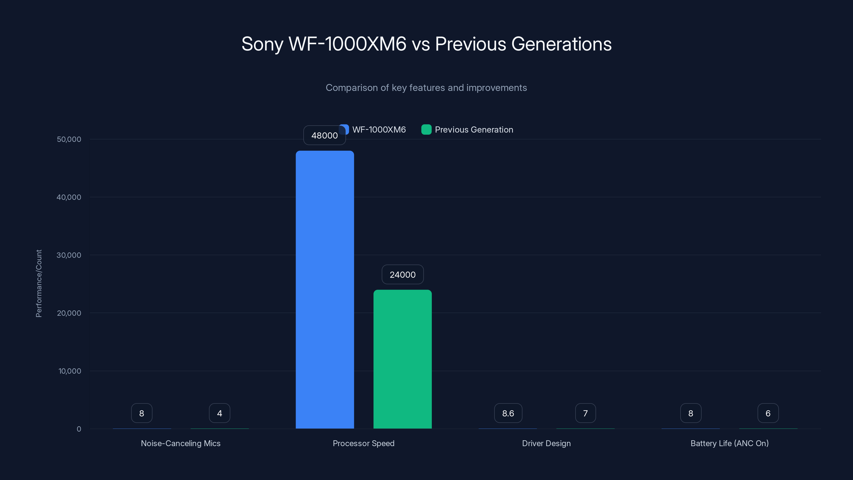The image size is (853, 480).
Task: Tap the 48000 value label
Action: [324, 135]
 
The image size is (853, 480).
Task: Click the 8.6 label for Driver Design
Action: [508, 413]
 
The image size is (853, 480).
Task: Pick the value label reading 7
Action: [585, 413]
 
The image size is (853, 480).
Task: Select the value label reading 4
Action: [220, 413]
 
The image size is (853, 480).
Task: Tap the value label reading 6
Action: [768, 413]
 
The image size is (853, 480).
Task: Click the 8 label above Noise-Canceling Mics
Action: [142, 413]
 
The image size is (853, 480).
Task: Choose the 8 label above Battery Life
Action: [691, 413]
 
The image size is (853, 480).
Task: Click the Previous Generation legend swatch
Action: [426, 130]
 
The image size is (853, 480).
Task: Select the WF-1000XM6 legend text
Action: [379, 130]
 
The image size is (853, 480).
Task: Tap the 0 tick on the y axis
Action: [79, 429]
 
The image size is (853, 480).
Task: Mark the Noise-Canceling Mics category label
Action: [180, 443]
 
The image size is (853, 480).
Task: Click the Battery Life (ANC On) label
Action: [730, 443]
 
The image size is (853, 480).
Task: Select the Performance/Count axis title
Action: [39, 283]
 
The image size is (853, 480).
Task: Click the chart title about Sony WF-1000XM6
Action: [426, 44]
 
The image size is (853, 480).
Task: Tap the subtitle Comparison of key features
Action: [426, 87]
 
